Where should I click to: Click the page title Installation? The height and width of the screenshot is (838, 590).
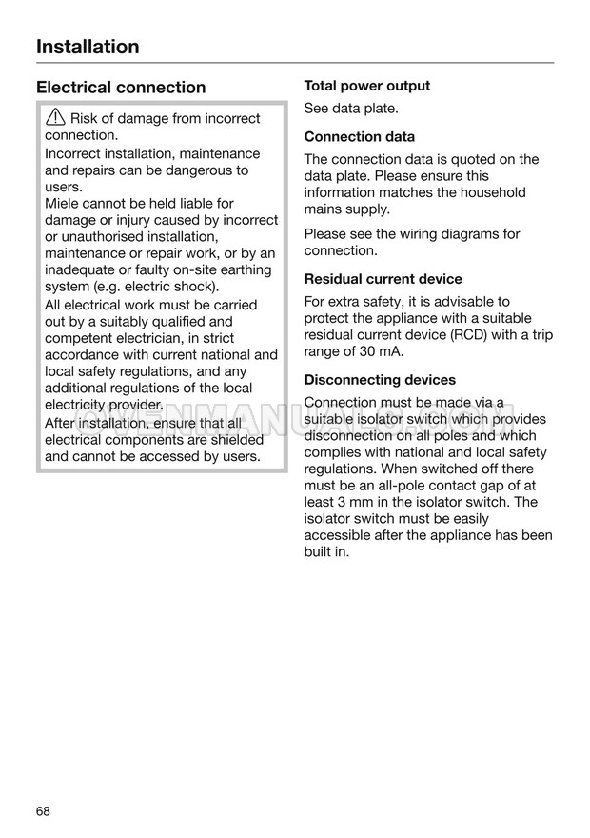[88, 47]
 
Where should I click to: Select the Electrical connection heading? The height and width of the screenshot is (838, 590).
[121, 88]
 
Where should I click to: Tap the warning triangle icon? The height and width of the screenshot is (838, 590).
[55, 118]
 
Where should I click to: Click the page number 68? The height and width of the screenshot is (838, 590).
[44, 811]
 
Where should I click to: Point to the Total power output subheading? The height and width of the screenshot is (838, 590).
[367, 86]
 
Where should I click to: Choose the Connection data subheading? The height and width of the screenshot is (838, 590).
[359, 136]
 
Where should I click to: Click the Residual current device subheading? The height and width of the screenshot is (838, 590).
[383, 279]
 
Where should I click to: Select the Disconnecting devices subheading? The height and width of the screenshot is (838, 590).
[380, 379]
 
